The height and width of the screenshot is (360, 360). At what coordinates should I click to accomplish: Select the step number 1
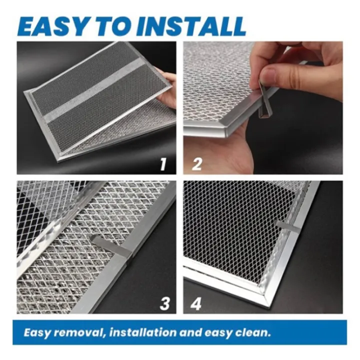(162, 163)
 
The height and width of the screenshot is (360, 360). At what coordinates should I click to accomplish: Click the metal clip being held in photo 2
(264, 102)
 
